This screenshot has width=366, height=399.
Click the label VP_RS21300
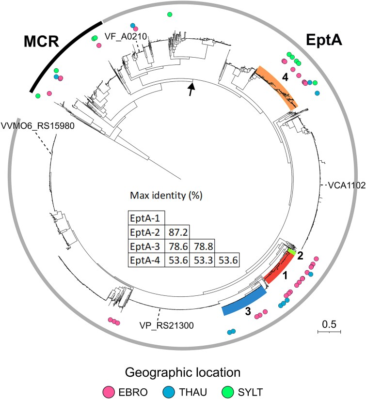(x=166, y=325)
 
